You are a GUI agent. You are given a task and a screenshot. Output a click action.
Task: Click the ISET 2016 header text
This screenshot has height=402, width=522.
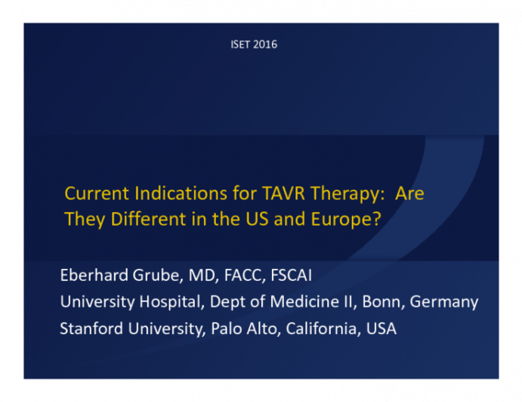point(254,45)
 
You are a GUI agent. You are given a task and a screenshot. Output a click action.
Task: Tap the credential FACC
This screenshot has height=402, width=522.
point(229,275)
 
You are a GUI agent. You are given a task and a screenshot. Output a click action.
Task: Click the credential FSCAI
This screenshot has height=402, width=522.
point(286,275)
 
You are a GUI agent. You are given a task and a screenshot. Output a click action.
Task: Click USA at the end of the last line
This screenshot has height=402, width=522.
point(381,329)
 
